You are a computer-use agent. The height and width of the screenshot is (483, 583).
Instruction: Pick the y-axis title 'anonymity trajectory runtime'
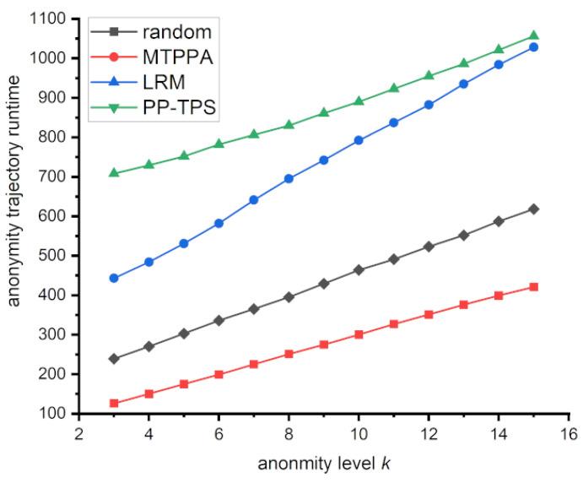coord(15,215)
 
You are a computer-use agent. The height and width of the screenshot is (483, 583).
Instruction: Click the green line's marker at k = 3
coord(114,173)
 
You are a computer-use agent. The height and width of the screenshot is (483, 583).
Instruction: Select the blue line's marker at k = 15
coord(533,47)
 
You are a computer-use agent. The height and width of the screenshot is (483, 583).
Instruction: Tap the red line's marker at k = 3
coord(114,404)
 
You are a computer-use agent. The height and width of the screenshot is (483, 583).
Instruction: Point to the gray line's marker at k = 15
coord(533,209)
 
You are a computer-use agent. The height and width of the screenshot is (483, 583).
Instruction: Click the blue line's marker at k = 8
coord(289,179)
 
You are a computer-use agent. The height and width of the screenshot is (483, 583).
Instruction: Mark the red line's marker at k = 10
coord(359,334)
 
